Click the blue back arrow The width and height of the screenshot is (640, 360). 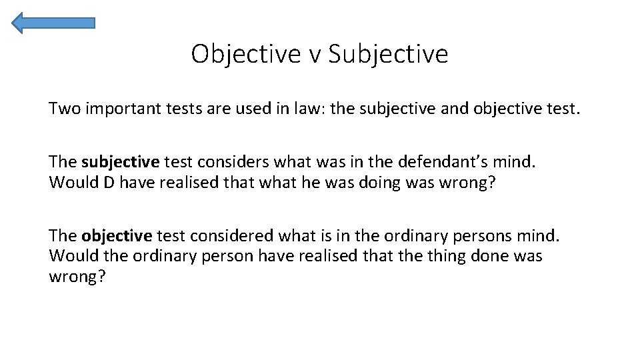(53, 23)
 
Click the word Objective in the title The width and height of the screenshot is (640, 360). (246, 54)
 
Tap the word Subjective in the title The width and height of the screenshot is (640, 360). (388, 54)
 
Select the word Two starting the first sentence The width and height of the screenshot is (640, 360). (63, 108)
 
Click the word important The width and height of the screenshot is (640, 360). (118, 109)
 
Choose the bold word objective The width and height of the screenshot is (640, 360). (117, 236)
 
